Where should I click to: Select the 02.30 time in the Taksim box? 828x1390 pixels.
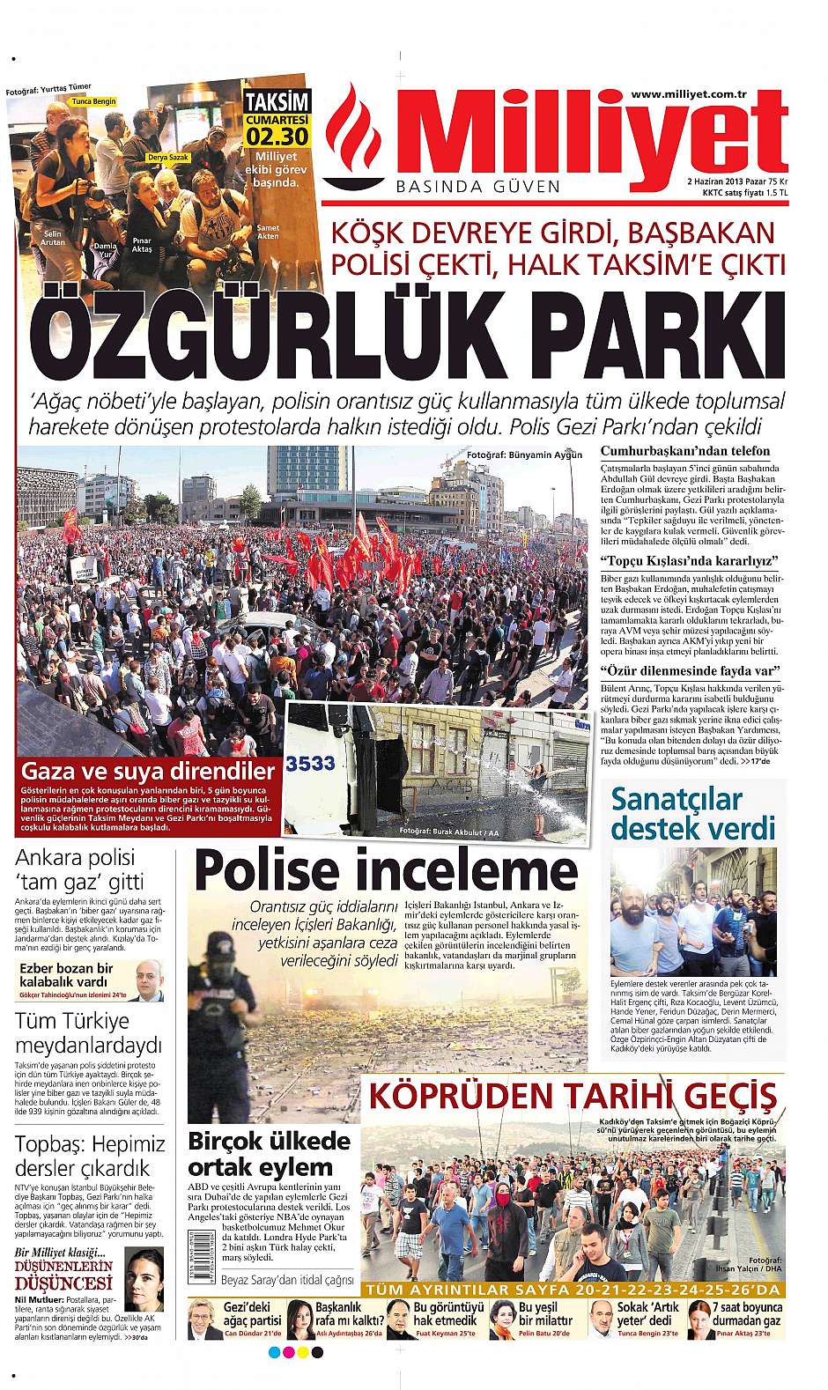[x=277, y=136]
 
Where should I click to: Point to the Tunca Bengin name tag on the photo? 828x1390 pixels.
[x=93, y=102]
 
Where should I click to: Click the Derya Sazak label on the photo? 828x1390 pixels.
[x=169, y=157]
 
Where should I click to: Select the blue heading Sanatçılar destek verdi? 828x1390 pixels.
[x=693, y=812]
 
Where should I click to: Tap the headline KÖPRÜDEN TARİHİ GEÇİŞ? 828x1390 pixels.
[x=573, y=1098]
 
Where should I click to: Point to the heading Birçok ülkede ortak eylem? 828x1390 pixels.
[x=270, y=1154]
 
